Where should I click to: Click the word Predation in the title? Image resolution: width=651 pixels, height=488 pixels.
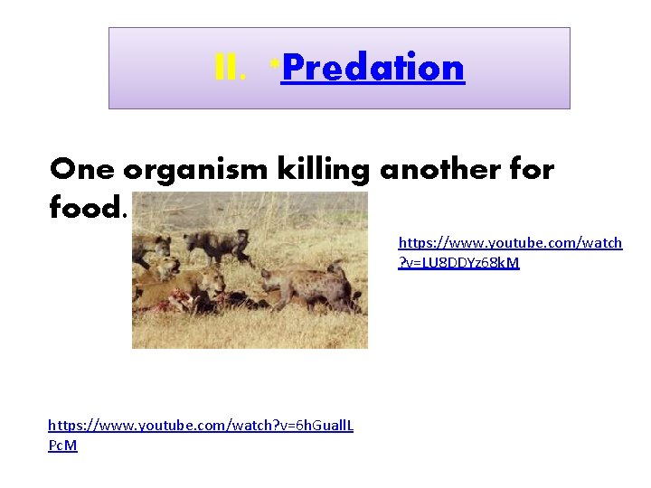coord(373,68)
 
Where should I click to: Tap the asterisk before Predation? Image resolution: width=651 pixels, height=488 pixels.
coord(273,63)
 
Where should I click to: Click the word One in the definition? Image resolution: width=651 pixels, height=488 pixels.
coord(82,169)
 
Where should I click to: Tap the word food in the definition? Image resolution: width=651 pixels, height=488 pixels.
coord(85,209)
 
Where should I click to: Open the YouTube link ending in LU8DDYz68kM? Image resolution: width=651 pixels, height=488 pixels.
coord(510,252)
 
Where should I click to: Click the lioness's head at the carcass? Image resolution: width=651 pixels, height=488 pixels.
coord(212,282)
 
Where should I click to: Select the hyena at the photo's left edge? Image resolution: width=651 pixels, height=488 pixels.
coord(140,249)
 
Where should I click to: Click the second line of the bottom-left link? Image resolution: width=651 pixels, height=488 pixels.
coord(62,446)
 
